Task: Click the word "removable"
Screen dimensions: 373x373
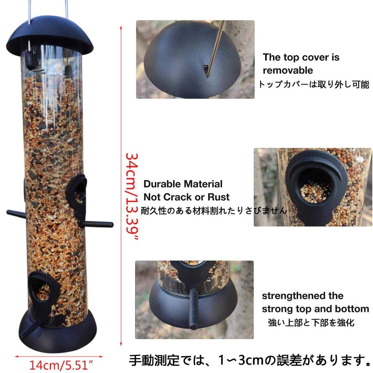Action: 288,70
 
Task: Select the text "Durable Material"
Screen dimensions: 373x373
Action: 183,184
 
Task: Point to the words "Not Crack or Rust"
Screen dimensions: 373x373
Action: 186,197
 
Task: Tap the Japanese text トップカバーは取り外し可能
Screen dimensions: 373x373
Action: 314,85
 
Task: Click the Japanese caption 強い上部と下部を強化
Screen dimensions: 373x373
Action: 311,322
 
